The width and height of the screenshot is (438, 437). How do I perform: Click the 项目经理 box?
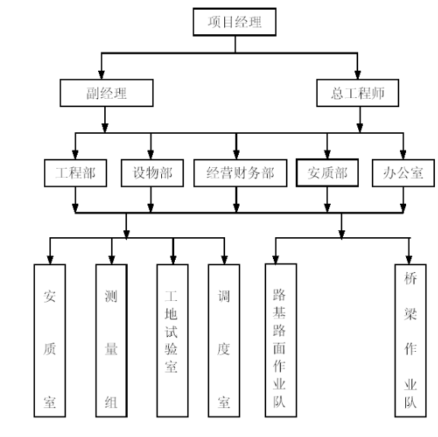[x=234, y=22]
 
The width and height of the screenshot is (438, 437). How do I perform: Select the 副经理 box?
[x=106, y=93]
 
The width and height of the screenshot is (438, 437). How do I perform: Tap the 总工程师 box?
[x=357, y=93]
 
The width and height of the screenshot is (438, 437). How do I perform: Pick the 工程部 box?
[x=75, y=173]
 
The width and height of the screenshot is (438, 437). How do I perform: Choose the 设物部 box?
[x=152, y=173]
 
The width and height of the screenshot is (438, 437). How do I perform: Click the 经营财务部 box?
[x=240, y=173]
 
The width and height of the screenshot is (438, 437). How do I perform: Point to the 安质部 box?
[x=327, y=173]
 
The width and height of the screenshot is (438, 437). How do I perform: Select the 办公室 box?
[x=403, y=173]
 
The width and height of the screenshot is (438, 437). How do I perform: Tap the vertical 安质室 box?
[x=49, y=340]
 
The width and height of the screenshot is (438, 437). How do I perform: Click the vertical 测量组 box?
[x=112, y=340]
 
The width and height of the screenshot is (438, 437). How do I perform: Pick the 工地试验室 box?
[x=173, y=340]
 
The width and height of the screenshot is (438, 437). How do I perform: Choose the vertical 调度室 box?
[x=224, y=340]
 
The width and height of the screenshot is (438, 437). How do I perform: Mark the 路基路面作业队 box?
[x=281, y=340]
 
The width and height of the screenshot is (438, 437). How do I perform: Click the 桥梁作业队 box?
[x=411, y=340]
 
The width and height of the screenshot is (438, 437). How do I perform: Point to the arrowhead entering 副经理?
[x=101, y=74]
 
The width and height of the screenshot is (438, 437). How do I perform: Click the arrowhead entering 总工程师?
[x=357, y=74]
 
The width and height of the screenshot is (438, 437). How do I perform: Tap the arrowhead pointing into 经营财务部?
[x=236, y=155]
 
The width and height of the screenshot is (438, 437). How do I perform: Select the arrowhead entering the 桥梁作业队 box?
[x=409, y=260]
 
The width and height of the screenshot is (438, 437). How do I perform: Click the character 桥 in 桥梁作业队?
[x=411, y=278]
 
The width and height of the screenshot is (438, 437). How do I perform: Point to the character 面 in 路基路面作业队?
[x=279, y=348]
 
